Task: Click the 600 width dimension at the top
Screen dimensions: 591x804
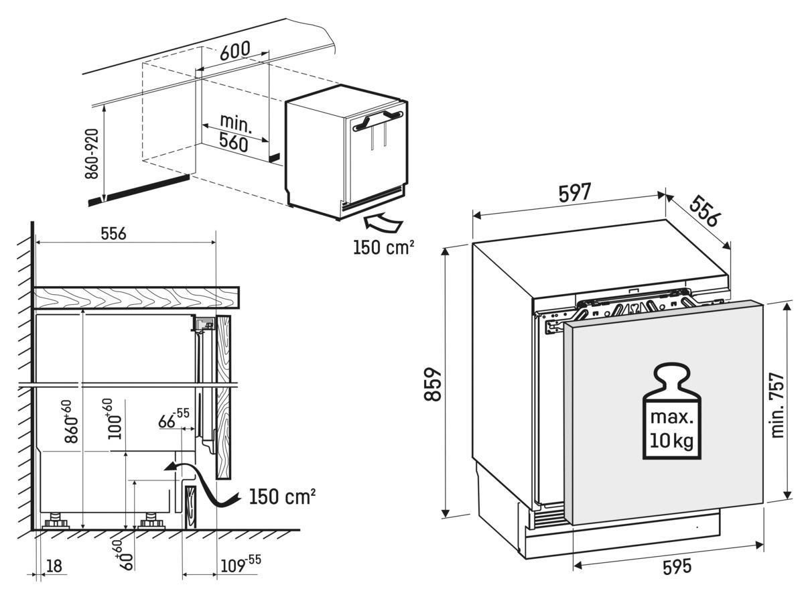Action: click(234, 50)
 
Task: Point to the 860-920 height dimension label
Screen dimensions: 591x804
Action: click(94, 155)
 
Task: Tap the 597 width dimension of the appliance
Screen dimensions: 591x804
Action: click(575, 193)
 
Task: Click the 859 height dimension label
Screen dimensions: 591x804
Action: click(434, 383)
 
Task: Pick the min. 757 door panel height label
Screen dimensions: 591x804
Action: click(777, 405)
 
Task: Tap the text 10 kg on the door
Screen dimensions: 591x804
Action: click(671, 441)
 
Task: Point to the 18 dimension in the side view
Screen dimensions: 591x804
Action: click(54, 566)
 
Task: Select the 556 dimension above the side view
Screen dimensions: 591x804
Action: click(113, 233)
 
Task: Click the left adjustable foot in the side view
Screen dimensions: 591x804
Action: click(54, 522)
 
